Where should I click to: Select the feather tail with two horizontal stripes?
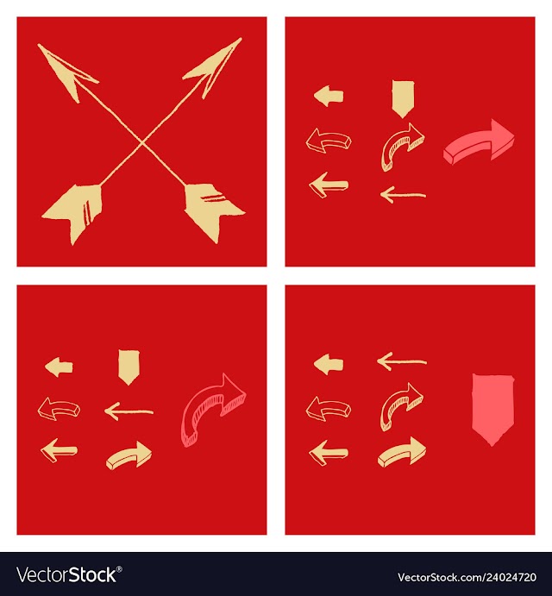point(212,210)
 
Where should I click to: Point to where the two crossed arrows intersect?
point(142,143)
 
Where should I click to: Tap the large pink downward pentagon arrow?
point(492,409)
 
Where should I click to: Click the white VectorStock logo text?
point(66,574)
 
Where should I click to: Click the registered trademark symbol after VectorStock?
point(119,569)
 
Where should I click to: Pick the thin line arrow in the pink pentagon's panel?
point(402,361)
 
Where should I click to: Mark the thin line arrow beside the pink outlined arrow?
point(129,411)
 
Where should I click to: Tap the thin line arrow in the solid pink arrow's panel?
point(403,195)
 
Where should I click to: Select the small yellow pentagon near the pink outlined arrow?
point(129,367)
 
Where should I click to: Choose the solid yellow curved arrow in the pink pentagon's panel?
point(401,453)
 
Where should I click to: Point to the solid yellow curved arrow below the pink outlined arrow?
point(129,455)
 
